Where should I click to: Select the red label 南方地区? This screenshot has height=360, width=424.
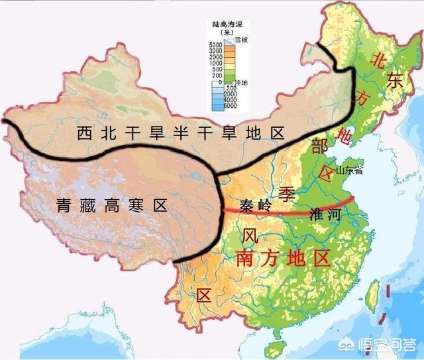coord(284,258)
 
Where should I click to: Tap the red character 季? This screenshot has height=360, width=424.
coord(287,195)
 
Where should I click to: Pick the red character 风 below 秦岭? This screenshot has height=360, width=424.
coord(250,236)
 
